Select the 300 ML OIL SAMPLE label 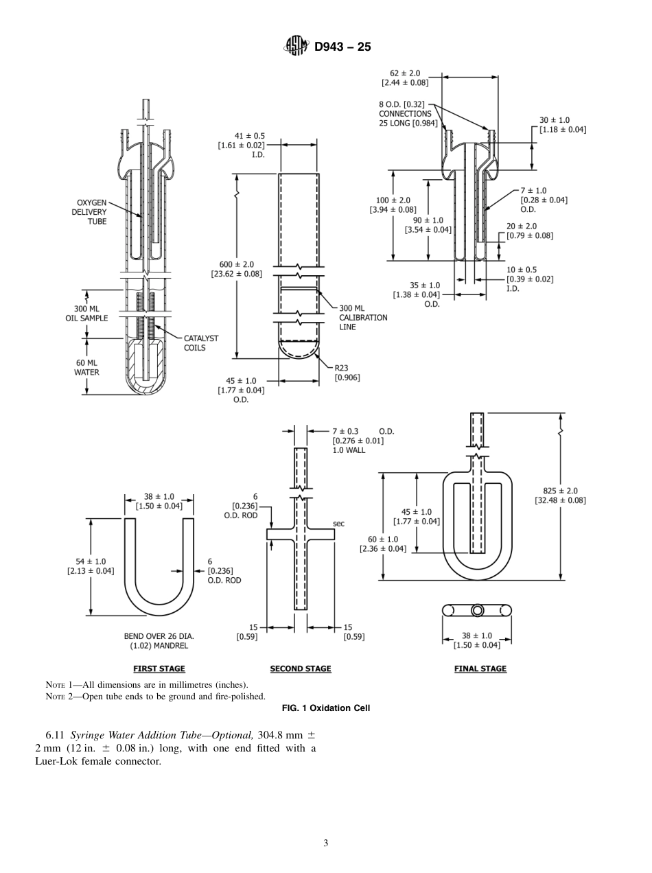pos(87,314)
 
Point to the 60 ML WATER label pos(86,367)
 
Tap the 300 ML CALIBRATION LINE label pos(363,318)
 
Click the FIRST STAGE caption pos(159,668)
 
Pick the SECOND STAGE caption pos(301,668)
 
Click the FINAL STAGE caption pos(480,668)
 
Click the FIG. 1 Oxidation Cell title pos(326,708)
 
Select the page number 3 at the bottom pos(326,843)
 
